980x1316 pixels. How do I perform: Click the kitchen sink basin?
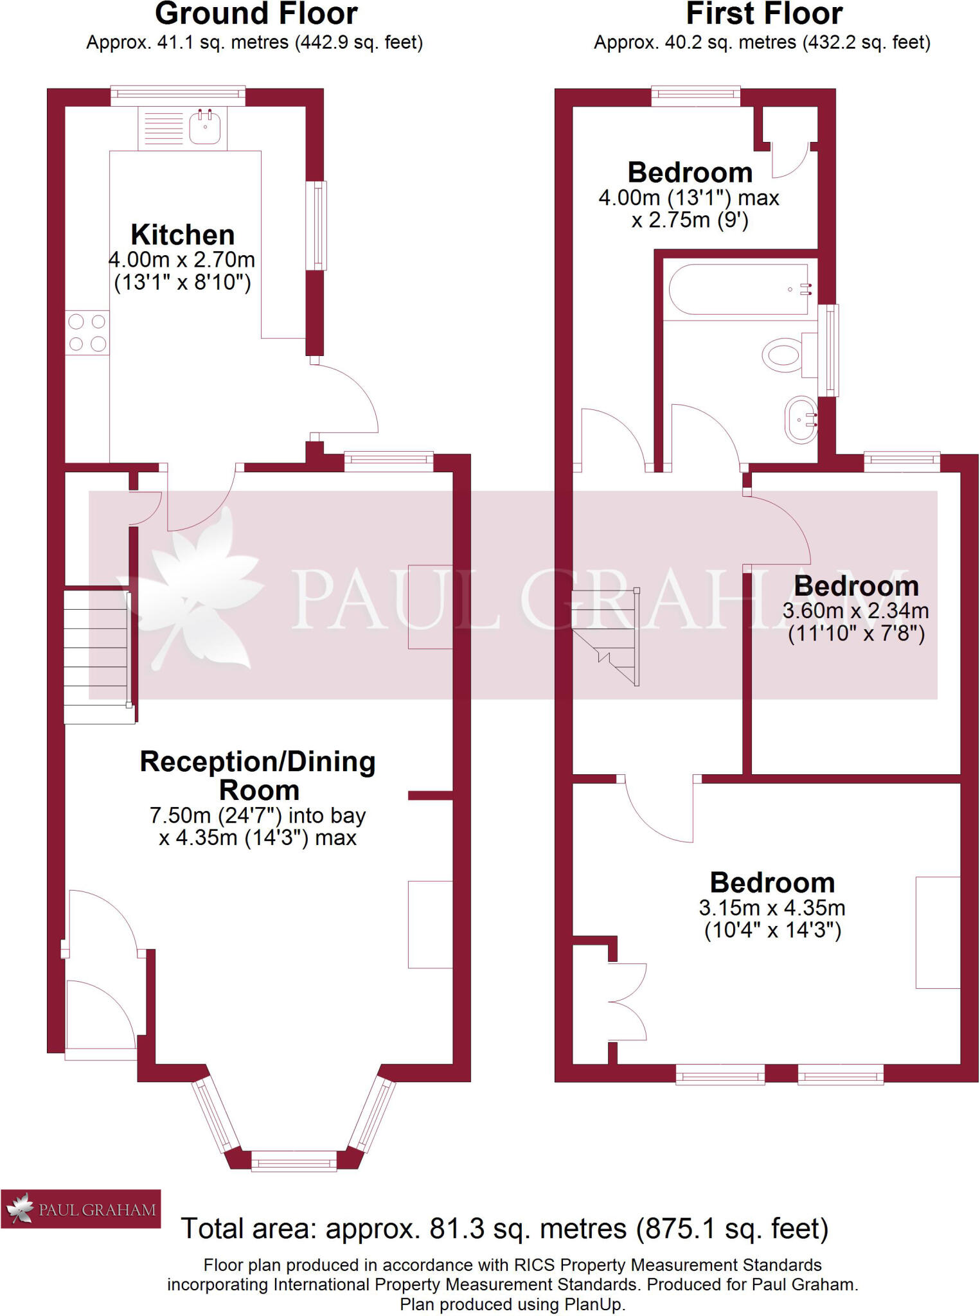(205, 127)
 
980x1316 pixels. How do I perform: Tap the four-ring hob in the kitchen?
(87, 332)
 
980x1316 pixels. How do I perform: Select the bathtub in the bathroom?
(739, 289)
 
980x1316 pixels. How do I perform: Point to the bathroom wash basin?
(801, 420)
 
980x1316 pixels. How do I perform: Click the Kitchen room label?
(183, 235)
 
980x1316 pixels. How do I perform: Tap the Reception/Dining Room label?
(258, 776)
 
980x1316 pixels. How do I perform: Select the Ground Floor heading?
(256, 14)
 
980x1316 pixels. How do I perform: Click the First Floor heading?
(764, 14)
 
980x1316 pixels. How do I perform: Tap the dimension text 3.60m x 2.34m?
(855, 610)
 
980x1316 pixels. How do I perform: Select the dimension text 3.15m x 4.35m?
(772, 908)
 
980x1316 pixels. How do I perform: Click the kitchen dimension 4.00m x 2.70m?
(182, 260)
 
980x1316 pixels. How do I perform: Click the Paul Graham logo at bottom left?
(81, 1209)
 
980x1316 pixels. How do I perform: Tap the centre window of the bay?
(294, 1161)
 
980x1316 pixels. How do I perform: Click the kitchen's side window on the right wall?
(316, 226)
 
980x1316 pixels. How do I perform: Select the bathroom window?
(832, 350)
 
